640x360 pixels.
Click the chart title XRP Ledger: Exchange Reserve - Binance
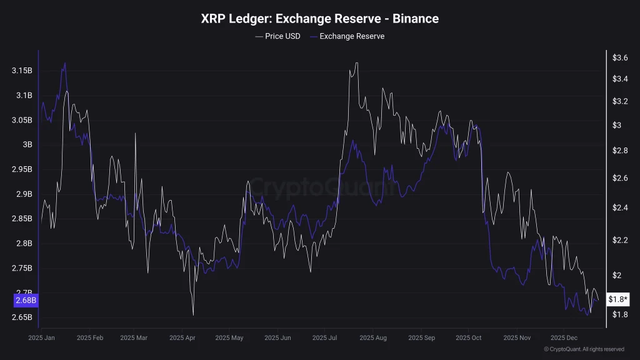point(319,19)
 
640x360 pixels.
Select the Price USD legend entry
point(277,36)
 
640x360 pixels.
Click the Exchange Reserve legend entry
point(347,36)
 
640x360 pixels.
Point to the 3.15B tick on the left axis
point(22,71)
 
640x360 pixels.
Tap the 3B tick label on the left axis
point(27,144)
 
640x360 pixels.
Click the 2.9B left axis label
point(24,194)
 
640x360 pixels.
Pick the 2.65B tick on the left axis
point(22,317)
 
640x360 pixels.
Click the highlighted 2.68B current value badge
point(26,301)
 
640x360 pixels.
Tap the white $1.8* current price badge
point(618,299)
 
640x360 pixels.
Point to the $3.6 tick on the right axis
point(620,57)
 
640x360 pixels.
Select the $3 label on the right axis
point(617,125)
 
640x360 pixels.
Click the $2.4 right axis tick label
point(620,207)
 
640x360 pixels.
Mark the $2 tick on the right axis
point(617,275)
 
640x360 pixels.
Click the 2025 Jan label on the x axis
point(41,337)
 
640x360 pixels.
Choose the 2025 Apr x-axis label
point(182,337)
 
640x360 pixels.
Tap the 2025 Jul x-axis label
point(324,337)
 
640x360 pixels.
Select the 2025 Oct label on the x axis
point(469,337)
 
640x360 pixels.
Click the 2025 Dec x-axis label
point(564,337)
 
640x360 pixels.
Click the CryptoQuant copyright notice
point(584,349)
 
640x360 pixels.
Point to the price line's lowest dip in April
point(193,315)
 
